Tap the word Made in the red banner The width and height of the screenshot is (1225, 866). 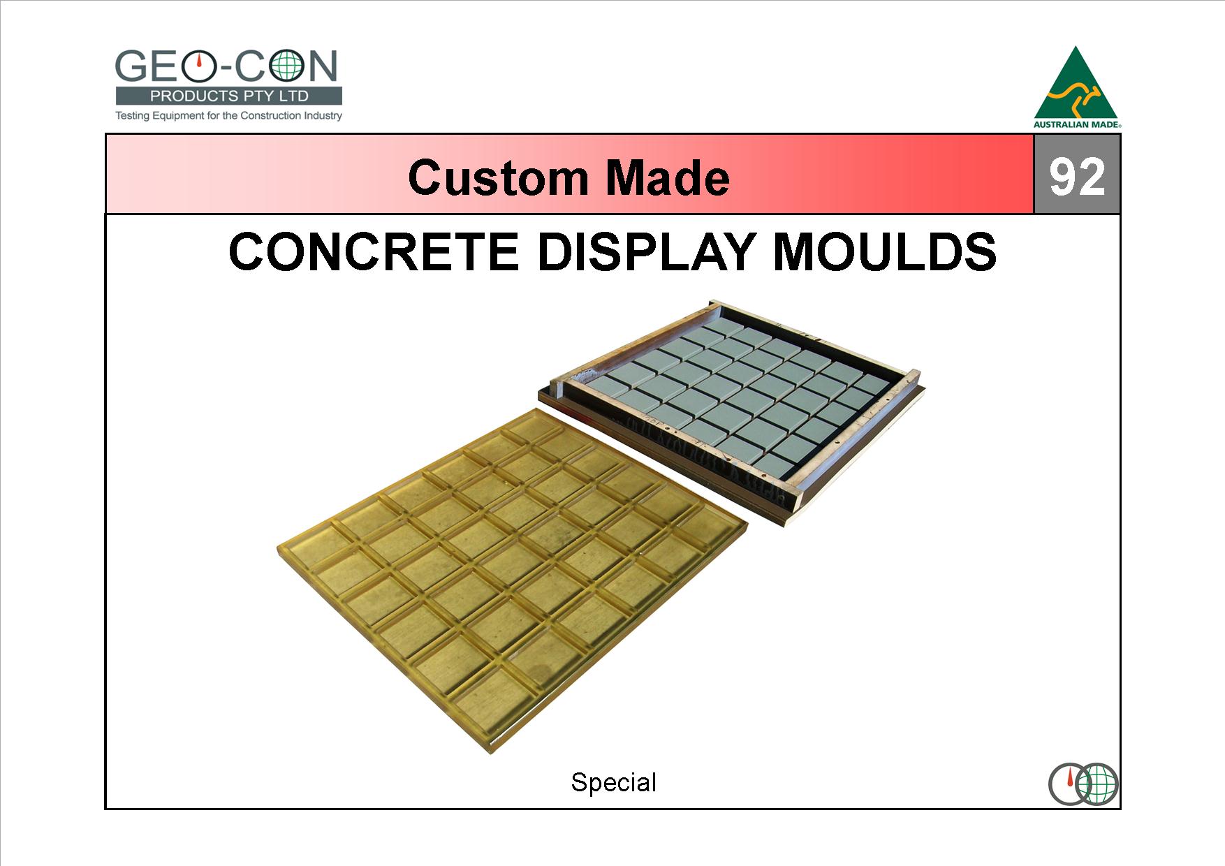point(668,177)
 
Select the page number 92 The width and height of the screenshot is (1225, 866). point(1077,177)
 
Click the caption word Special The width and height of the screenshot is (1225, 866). point(613,782)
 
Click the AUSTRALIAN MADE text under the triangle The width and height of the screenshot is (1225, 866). point(1077,125)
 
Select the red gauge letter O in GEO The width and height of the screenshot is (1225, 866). point(200,67)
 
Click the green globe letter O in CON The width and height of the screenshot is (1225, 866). point(287,67)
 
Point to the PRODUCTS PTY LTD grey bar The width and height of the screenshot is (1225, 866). point(229,96)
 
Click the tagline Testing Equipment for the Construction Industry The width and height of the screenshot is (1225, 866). point(228,115)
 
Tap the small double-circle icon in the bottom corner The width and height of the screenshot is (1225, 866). point(1083,784)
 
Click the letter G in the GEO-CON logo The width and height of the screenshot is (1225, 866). point(131,67)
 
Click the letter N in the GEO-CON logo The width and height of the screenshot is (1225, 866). point(323,67)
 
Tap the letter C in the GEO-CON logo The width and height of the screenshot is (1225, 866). point(252,67)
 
